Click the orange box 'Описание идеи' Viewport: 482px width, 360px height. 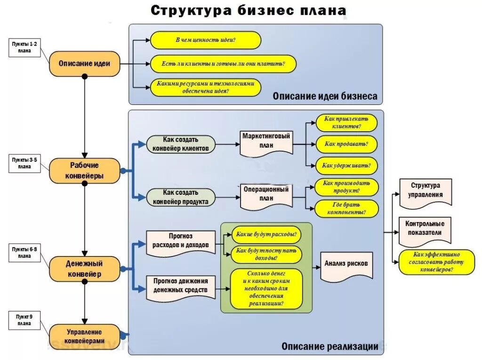84,64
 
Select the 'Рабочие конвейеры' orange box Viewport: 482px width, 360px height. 84,170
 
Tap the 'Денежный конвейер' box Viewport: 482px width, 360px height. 84,269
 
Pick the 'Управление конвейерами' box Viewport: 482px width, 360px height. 84,336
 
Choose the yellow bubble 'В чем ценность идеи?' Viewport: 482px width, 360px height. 206,40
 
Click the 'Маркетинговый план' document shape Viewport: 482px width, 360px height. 266,142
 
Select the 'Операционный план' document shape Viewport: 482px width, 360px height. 266,193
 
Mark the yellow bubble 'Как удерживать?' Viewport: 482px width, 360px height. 346,165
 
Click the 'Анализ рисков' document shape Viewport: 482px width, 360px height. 346,265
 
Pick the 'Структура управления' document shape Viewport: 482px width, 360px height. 425,192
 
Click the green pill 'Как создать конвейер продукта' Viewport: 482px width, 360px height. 181,197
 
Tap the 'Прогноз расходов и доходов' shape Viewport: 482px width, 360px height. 181,241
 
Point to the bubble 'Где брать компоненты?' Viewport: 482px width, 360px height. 346,208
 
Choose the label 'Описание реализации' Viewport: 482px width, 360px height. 329,346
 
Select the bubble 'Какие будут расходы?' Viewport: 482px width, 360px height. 266,234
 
